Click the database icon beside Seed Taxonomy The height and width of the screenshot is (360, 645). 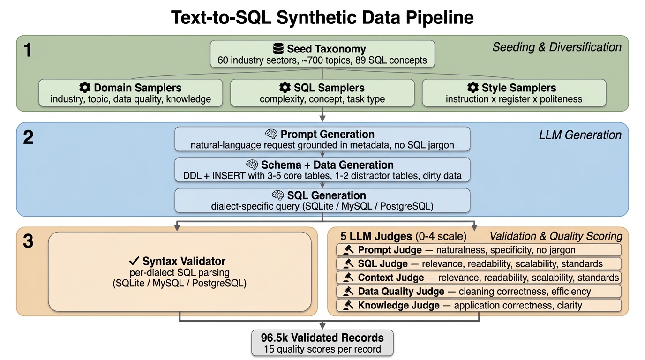[x=278, y=49]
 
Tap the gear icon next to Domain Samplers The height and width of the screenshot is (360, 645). [x=85, y=88]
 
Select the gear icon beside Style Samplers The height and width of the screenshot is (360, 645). [x=473, y=88]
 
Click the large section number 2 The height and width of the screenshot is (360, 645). [x=28, y=138]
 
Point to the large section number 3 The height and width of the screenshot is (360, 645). [x=28, y=241]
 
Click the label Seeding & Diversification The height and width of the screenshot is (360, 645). [x=556, y=47]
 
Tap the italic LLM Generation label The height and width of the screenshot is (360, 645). [x=580, y=135]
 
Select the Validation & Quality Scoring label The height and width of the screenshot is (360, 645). [x=556, y=236]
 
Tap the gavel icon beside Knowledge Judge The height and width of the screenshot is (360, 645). [x=348, y=306]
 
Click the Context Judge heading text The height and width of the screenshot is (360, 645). [x=391, y=277]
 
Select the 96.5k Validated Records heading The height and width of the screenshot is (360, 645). [x=322, y=337]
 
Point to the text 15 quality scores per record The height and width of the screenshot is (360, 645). [x=322, y=349]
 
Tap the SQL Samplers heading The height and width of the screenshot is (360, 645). [x=329, y=88]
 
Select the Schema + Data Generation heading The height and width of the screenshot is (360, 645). [x=327, y=165]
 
